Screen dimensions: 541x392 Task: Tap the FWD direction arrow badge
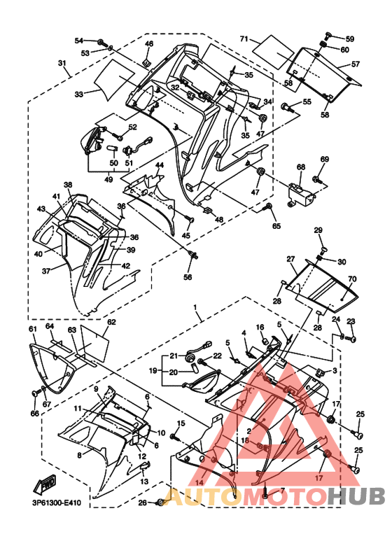pos(45,484)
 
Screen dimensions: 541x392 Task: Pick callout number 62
pos(111,322)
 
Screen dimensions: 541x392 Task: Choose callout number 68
pos(301,167)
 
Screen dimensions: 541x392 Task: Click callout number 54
pos(79,41)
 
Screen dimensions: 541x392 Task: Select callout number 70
pos(352,279)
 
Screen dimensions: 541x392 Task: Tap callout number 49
pos(108,179)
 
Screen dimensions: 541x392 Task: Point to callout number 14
pos(199,483)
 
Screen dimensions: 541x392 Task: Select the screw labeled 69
pos(318,181)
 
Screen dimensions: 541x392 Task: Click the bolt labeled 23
pos(351,339)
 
